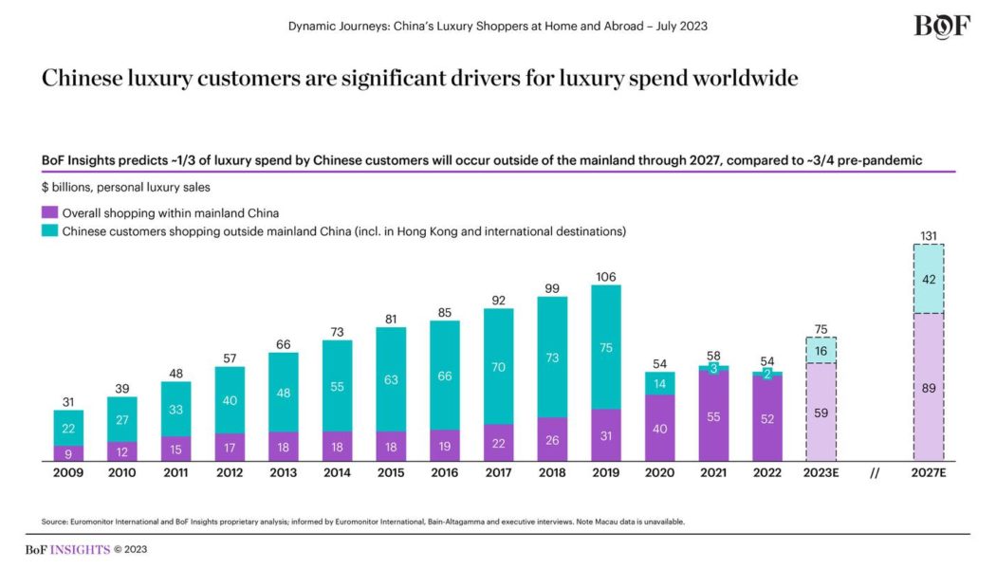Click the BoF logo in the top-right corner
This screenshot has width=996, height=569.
point(941,26)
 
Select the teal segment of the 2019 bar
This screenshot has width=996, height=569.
point(606,347)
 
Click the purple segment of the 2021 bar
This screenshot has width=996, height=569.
point(713,415)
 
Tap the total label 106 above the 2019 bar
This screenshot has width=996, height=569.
point(606,277)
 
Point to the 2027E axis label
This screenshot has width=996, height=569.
point(930,472)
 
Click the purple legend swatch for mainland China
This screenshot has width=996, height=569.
point(49,212)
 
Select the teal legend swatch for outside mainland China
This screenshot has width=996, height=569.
point(49,230)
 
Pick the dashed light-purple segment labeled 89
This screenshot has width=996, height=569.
point(930,387)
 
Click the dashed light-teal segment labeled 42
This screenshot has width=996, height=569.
point(930,279)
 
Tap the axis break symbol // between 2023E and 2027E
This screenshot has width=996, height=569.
point(875,472)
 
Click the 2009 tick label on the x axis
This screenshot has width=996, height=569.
point(68,472)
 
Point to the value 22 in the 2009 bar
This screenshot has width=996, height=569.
point(68,428)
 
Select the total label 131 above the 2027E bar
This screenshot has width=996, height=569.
point(930,235)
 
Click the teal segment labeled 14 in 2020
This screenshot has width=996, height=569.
point(659,383)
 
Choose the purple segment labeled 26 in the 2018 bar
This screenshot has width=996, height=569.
point(552,439)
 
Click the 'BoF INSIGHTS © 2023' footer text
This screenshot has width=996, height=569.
point(86,548)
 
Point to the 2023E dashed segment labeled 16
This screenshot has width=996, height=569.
point(821,350)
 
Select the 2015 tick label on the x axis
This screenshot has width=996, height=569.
point(391,472)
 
